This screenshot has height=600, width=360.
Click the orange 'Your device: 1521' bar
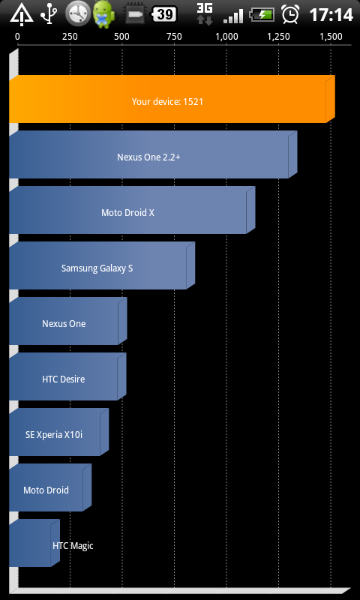pyautogui.click(x=172, y=99)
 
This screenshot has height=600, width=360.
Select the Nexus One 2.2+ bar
pyautogui.click(x=153, y=154)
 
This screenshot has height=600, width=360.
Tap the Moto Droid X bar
pyautogui.click(x=132, y=210)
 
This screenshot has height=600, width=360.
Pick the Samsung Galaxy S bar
pyautogui.click(x=102, y=265)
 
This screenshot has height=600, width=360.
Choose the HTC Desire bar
pyautogui.click(x=67, y=376)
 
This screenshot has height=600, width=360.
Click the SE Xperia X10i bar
pyautogui.click(x=59, y=432)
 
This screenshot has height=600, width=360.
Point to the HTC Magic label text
pyautogui.click(x=73, y=546)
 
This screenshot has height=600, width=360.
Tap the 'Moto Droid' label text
pyautogui.click(x=46, y=490)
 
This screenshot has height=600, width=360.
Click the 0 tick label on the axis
pyautogui.click(x=17, y=37)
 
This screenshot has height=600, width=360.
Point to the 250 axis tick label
pyautogui.click(x=70, y=37)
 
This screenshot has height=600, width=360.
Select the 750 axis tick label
pyautogui.click(x=174, y=37)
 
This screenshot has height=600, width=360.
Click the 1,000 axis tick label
pyautogui.click(x=226, y=37)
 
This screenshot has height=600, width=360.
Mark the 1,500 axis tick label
pyautogui.click(x=331, y=37)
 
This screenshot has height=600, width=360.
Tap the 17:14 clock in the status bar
pyautogui.click(x=331, y=15)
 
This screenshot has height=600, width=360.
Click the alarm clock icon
pyautogui.click(x=290, y=14)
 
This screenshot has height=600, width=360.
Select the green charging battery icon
pyautogui.click(x=262, y=15)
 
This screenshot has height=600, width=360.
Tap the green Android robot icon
pyautogui.click(x=103, y=13)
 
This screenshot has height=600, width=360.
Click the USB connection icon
pyautogui.click(x=49, y=14)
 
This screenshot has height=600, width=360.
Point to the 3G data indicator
pyautogui.click(x=205, y=13)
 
